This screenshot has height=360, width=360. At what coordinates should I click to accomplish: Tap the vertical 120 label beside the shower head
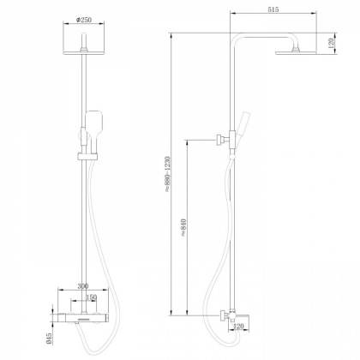[331, 43]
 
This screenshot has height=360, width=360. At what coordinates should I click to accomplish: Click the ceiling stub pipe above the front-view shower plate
[85, 40]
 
